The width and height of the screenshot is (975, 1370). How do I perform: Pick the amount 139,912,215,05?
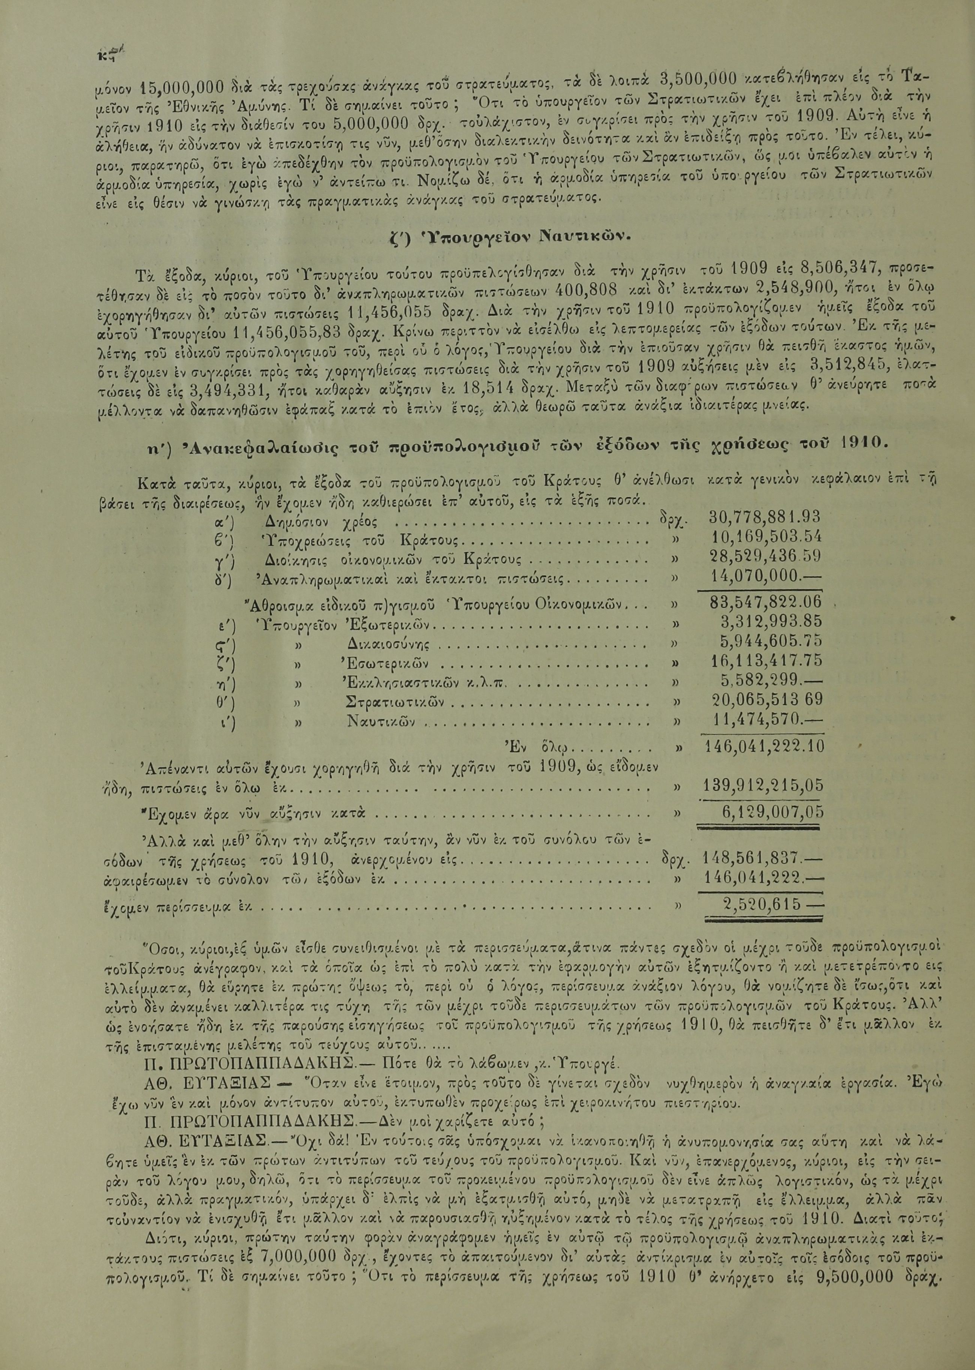click(x=762, y=785)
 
